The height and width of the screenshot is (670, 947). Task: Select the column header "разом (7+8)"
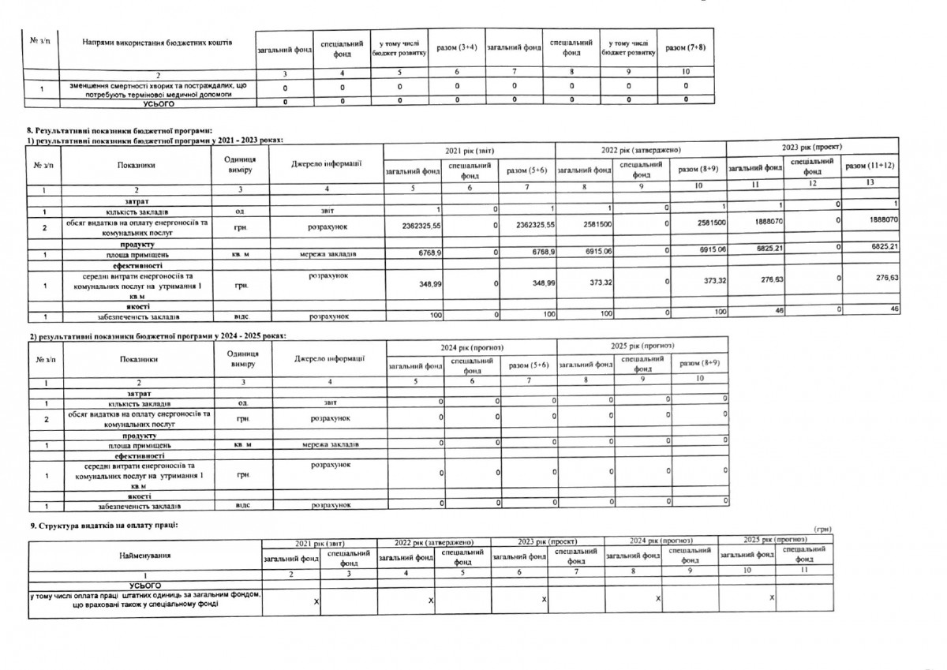click(x=685, y=47)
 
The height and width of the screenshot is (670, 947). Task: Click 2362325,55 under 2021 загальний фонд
click(x=412, y=225)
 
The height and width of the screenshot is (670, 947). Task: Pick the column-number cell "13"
click(x=870, y=183)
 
